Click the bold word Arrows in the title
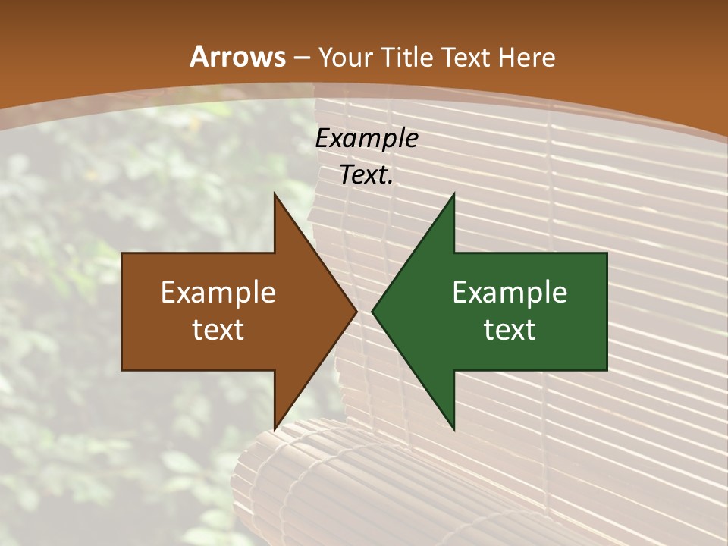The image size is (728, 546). pyautogui.click(x=237, y=57)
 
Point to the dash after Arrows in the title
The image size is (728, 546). pyautogui.click(x=302, y=58)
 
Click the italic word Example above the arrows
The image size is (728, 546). pyautogui.click(x=366, y=139)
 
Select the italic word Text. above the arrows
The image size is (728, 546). pyautogui.click(x=366, y=175)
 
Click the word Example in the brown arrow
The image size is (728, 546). pyautogui.click(x=218, y=293)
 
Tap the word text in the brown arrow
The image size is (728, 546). pyautogui.click(x=218, y=330)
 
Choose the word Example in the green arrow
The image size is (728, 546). pyautogui.click(x=510, y=293)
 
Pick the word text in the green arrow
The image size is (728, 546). pyautogui.click(x=510, y=330)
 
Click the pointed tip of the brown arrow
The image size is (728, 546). pyautogui.click(x=356, y=311)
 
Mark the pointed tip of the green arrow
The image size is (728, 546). pyautogui.click(x=373, y=311)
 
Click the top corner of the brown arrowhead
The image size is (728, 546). pyautogui.click(x=275, y=195)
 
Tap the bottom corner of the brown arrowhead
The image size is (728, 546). pyautogui.click(x=275, y=428)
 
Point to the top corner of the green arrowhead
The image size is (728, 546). pyautogui.click(x=453, y=195)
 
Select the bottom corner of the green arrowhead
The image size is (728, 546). pyautogui.click(x=453, y=428)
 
